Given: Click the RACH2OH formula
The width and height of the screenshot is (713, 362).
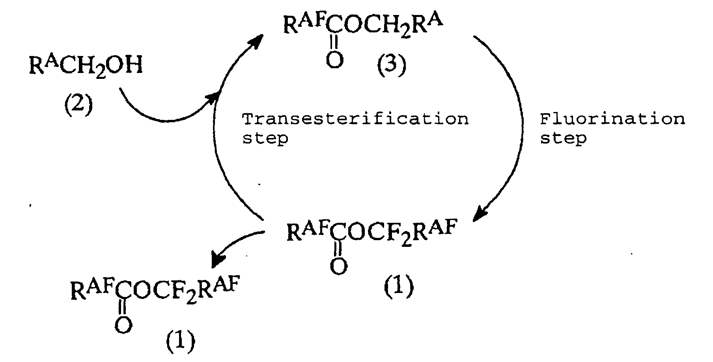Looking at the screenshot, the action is coord(85,67).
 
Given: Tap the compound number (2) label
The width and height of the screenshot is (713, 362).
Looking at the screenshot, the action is coord(78,105).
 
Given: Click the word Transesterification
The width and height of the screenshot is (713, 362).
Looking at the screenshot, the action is coord(355,119).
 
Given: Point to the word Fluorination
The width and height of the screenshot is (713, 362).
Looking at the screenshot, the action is coord(612,119).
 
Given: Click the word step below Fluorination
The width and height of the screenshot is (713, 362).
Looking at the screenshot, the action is coord(563,138).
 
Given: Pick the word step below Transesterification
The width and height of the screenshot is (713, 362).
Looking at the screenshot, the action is coord(265,138).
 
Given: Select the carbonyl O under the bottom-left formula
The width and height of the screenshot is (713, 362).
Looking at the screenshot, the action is coord(123,325).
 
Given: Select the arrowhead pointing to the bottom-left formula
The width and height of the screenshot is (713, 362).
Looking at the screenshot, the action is coord(218,259).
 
